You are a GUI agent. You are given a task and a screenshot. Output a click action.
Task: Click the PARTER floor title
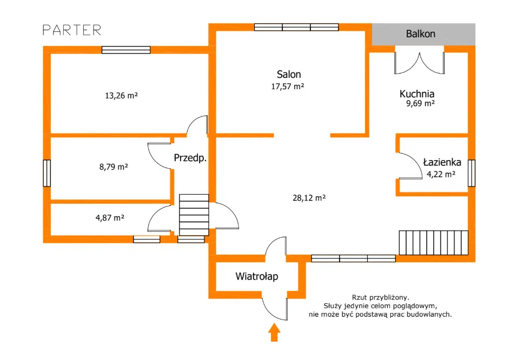tap(72, 30)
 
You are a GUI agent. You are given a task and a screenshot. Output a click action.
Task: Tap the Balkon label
tap(420, 34)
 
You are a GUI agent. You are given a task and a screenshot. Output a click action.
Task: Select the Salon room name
tap(289, 74)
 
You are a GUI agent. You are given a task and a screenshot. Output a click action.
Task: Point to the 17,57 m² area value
tap(287, 86)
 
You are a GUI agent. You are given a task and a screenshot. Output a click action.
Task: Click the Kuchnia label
tap(417, 94)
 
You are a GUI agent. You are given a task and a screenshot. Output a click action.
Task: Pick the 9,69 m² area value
tap(420, 104)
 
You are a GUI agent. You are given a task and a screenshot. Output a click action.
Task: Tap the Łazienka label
tap(442, 162)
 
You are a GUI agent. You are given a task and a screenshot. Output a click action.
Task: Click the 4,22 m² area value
tap(441, 174)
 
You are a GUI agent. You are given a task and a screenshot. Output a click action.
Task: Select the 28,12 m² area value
tap(309, 198)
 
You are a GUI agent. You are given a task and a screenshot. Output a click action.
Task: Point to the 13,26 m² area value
tap(121, 96)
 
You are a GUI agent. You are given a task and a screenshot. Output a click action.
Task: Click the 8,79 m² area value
tap(114, 167)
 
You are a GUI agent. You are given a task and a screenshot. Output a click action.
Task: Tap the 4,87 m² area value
tap(110, 218)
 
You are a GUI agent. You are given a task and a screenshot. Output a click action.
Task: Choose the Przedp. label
tap(190, 158)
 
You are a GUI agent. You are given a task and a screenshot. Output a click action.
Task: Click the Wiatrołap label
tap(257, 277)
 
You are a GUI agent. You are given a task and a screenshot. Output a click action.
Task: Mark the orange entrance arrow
tap(274, 332)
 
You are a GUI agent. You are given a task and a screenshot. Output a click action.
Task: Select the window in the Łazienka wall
tap(471, 173)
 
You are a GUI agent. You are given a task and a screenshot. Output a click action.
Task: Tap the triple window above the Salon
tap(296, 27)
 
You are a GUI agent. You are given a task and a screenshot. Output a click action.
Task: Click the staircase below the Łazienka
tap(434, 243)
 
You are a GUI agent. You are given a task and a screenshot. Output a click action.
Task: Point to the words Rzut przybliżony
tap(380, 297)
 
